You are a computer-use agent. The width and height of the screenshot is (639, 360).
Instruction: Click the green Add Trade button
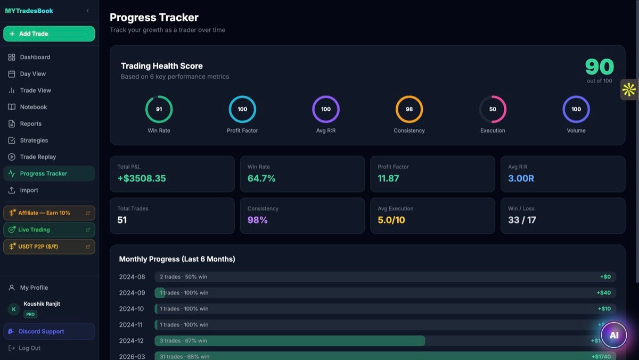49,34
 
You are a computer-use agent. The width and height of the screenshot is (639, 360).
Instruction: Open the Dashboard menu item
35,57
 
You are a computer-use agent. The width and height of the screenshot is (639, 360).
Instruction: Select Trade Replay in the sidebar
37,157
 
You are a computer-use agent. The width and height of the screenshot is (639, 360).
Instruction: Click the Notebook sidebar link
33,107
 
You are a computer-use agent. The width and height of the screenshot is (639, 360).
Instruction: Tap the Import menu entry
29,190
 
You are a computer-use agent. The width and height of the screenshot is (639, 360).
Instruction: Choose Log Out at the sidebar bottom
29,348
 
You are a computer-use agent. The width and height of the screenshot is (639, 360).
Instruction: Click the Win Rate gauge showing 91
159,109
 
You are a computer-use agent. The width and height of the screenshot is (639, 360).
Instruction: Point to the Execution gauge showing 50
493,109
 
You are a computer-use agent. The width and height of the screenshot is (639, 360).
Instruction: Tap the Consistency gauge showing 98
409,109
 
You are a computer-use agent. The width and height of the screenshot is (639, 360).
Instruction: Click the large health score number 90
599,67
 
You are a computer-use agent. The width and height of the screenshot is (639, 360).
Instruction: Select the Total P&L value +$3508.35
141,178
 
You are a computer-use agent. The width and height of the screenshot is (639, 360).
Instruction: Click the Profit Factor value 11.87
388,178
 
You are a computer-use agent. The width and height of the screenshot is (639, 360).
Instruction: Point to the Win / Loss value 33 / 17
522,220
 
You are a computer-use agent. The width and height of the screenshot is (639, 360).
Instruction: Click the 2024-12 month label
132,341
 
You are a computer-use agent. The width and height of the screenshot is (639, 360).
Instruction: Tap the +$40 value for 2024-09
603,293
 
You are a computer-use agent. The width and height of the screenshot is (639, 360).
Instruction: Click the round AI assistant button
613,335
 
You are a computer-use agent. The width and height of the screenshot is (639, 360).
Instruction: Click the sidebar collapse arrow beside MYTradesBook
87,11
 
